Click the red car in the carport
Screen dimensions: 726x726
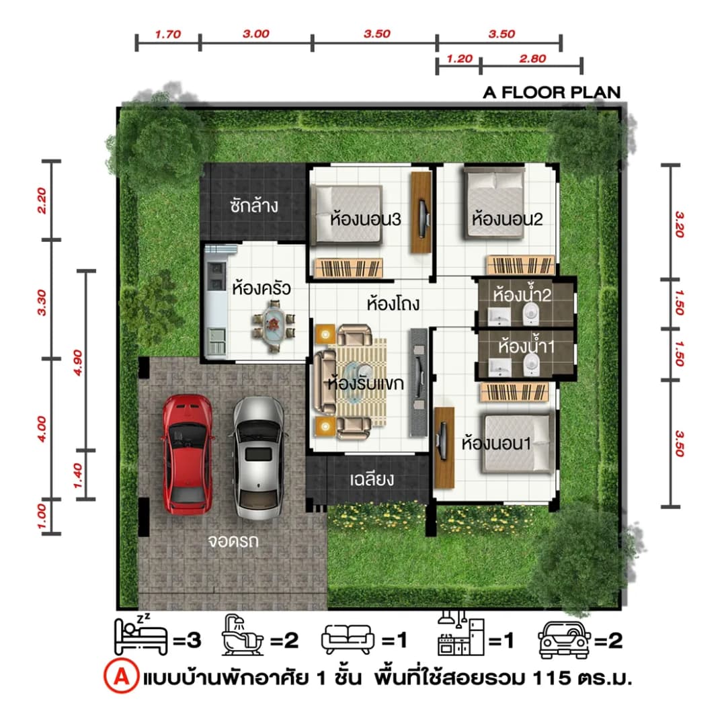pyautogui.click(x=188, y=454)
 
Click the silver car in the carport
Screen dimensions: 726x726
pyautogui.click(x=258, y=458)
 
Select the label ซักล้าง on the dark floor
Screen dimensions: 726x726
pyautogui.click(x=254, y=205)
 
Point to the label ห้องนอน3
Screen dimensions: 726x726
pyautogui.click(x=365, y=219)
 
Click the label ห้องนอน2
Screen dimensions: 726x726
pyautogui.click(x=507, y=218)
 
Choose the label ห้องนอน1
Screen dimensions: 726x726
pyautogui.click(x=496, y=443)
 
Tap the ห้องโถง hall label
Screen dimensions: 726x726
pyautogui.click(x=393, y=304)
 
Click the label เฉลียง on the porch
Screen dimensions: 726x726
pyautogui.click(x=372, y=479)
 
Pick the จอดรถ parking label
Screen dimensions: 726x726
pyautogui.click(x=233, y=540)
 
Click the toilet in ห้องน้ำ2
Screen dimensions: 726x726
pyautogui.click(x=530, y=315)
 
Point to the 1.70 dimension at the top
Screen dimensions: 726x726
pyautogui.click(x=167, y=34)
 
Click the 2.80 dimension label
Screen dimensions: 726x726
pyautogui.click(x=532, y=58)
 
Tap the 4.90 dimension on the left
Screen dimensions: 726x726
pyautogui.click(x=78, y=362)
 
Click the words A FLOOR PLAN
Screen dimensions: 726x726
pyautogui.click(x=551, y=93)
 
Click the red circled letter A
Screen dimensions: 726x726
pyautogui.click(x=121, y=677)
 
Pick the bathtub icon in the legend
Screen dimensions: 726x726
pyautogui.click(x=242, y=635)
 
